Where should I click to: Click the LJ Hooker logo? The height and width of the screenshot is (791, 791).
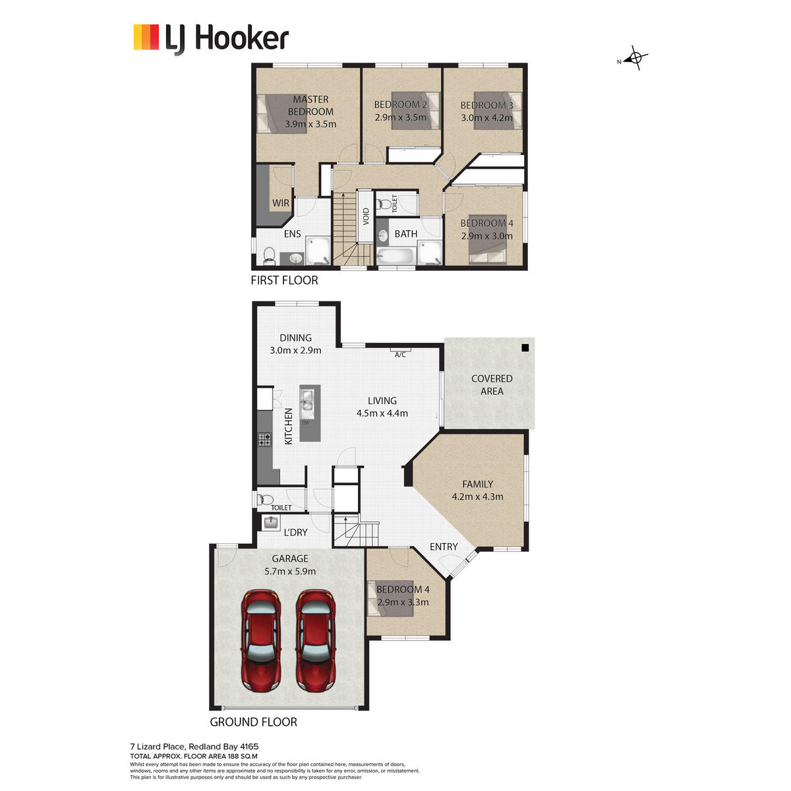coord(211,39)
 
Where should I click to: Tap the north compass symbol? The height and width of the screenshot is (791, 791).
coord(635,58)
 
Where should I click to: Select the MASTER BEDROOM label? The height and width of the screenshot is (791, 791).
coord(310,105)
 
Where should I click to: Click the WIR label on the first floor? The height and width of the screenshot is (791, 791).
coord(281,203)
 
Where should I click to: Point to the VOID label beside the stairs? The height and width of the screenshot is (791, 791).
coord(366,216)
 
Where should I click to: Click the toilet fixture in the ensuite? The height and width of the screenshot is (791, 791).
coord(269,255)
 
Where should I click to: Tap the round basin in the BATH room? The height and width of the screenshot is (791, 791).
coord(382,236)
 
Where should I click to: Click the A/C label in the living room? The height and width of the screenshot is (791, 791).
coord(400,355)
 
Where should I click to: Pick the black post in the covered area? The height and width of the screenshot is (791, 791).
coord(525,347)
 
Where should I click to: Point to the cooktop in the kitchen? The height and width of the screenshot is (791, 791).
coord(264,440)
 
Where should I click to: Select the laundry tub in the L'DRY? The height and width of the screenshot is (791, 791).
coord(270,523)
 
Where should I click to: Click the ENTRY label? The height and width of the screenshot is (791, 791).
coord(444,546)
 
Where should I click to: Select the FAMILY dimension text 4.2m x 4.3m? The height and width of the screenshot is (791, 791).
coord(477,496)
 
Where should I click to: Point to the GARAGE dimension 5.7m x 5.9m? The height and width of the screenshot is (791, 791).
coord(290,571)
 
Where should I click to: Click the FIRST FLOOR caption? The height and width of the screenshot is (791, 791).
coord(285,280)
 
